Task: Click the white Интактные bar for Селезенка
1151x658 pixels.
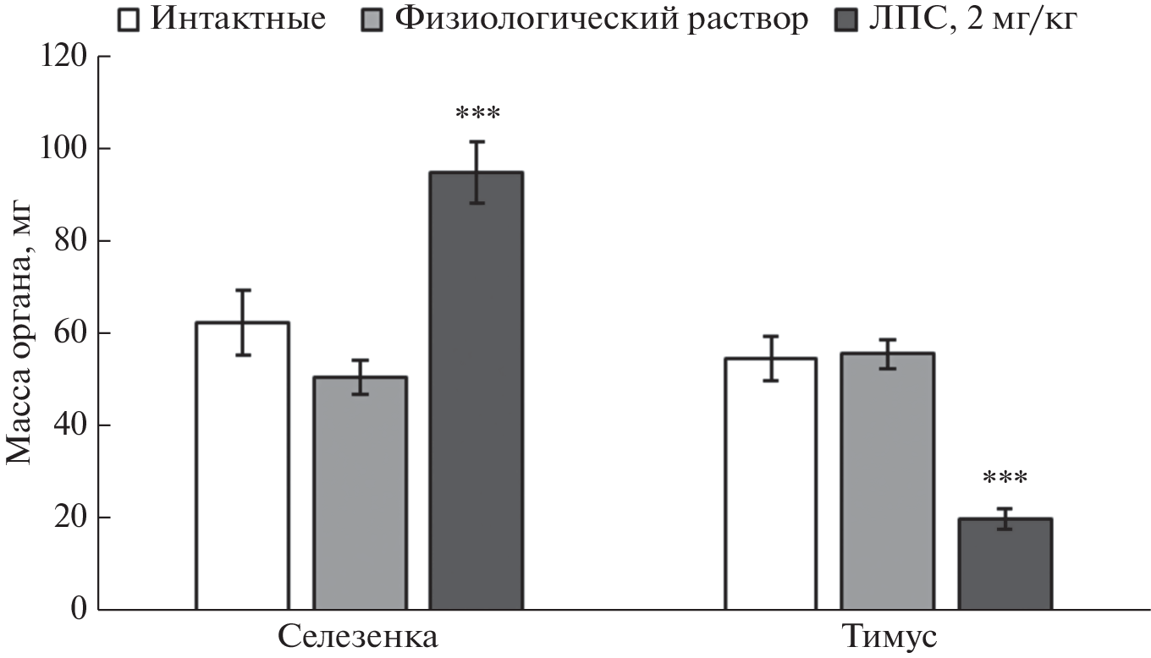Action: click(x=242, y=465)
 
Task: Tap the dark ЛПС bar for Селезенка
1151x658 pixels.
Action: click(x=476, y=390)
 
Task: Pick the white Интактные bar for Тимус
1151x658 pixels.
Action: click(x=770, y=483)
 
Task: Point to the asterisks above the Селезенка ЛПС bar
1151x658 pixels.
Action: click(x=477, y=113)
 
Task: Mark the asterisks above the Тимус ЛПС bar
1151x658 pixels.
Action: click(x=1005, y=480)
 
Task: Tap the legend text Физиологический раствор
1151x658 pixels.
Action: click(x=601, y=19)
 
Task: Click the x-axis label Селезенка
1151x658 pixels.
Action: click(x=358, y=636)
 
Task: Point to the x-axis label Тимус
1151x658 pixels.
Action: click(x=888, y=636)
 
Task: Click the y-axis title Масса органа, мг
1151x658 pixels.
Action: click(x=20, y=333)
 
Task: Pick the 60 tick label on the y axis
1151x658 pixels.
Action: click(x=70, y=333)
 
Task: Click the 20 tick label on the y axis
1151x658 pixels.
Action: click(x=70, y=518)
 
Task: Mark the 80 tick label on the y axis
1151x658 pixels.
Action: click(x=70, y=242)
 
